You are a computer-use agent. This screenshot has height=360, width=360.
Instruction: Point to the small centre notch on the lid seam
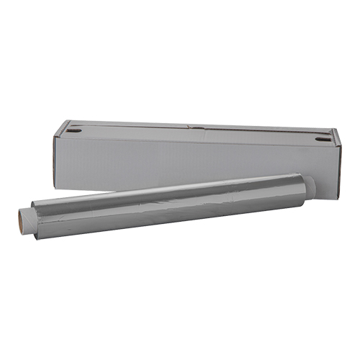click(192, 128)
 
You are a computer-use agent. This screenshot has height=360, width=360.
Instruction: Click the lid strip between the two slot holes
click(194, 132)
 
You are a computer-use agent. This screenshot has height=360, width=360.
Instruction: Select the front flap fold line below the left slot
click(79, 139)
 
